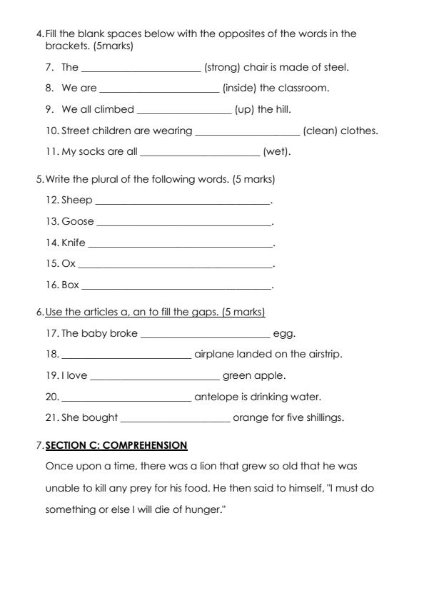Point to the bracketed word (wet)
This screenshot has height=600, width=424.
coord(277,152)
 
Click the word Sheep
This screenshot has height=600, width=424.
coord(76,200)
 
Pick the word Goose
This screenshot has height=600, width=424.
coord(77,222)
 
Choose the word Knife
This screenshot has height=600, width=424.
coord(74,243)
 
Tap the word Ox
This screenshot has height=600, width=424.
coord(69,264)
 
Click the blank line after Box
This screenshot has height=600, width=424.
coord(177,287)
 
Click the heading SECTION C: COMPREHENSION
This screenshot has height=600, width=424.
coord(116,446)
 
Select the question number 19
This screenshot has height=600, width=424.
coord(51,376)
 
